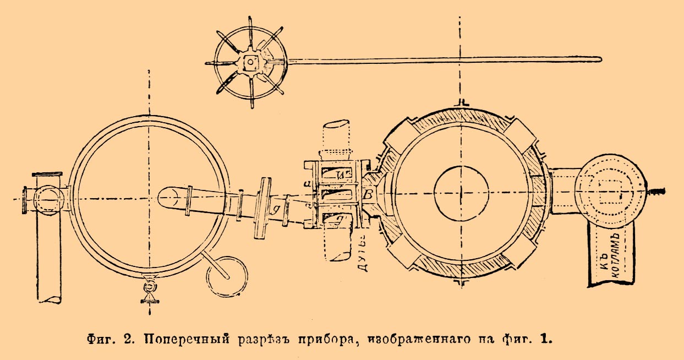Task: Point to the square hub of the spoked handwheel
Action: pyautogui.click(x=250, y=63)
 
